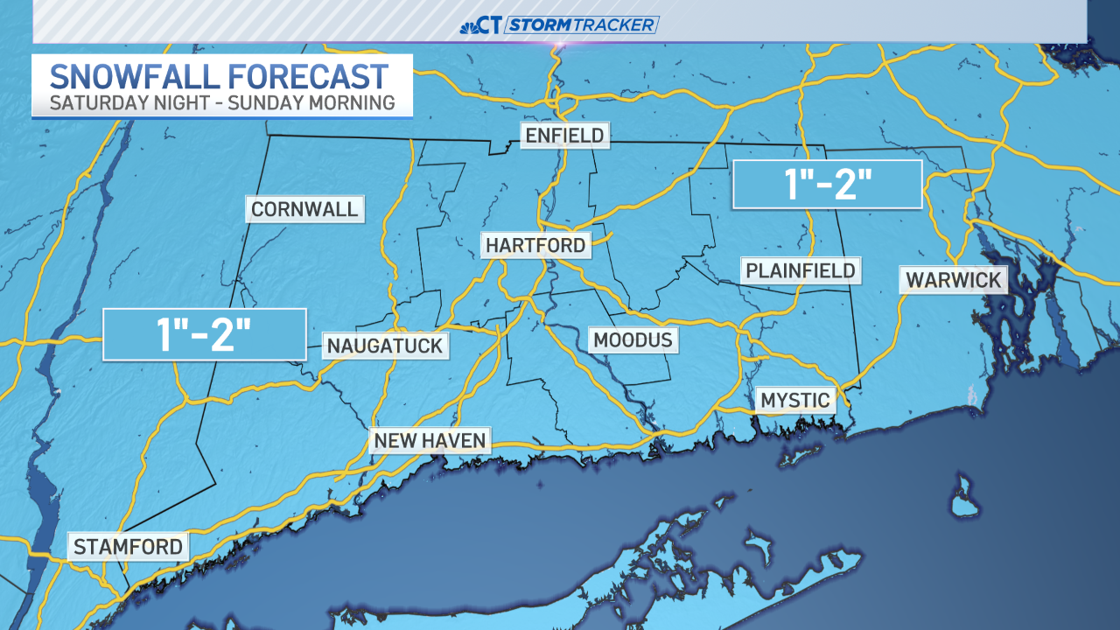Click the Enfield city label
(563, 136)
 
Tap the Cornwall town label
(304, 209)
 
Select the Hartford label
(535, 245)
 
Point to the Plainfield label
(800, 270)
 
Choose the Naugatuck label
(385, 346)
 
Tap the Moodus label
(633, 339)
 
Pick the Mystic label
(794, 401)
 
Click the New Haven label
(430, 440)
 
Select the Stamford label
(129, 547)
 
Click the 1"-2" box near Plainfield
(827, 185)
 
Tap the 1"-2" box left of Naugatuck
(204, 334)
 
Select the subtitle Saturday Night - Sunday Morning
(221, 103)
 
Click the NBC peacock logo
(469, 25)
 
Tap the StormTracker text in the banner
(581, 24)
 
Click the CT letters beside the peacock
(491, 25)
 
